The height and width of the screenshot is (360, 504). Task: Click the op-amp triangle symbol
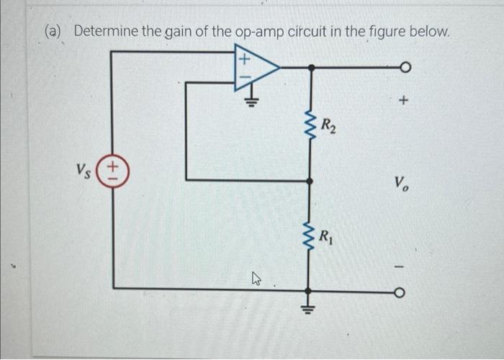tap(253, 67)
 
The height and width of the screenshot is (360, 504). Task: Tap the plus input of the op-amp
tap(243, 56)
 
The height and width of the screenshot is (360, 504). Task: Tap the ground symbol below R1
tap(310, 302)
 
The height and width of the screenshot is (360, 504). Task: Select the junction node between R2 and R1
tap(310, 180)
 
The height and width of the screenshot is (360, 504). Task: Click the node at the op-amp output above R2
tap(310, 67)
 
